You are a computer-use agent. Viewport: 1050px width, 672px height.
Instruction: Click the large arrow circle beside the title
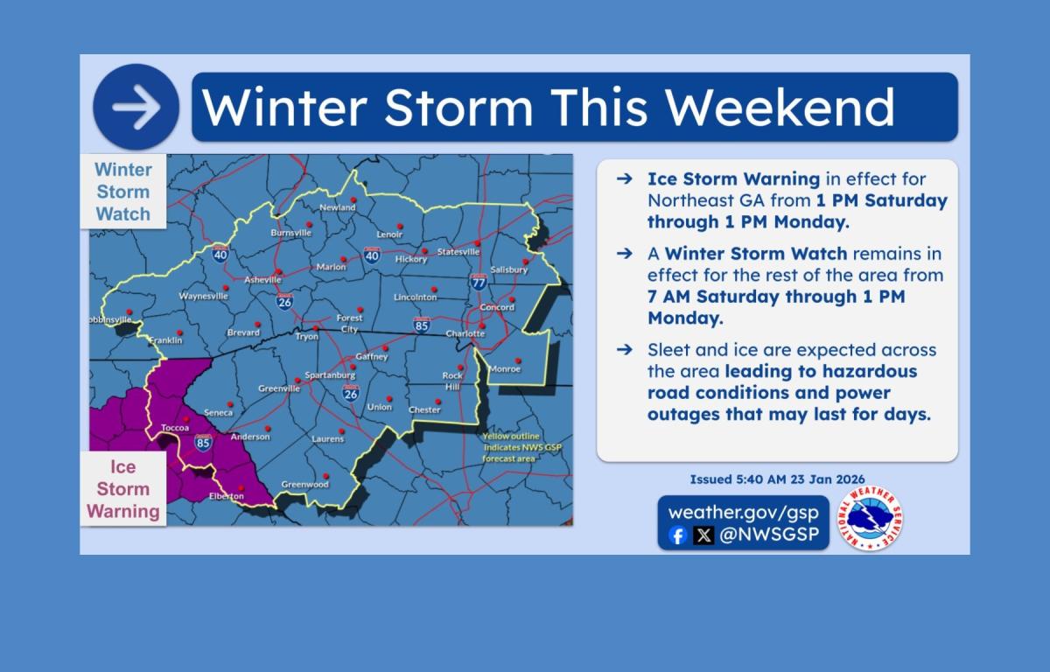136,107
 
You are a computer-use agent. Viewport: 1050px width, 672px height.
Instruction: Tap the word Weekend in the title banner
780,108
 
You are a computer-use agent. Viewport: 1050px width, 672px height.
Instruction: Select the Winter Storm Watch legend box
123,192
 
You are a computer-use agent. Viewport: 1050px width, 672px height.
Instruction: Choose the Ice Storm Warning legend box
123,489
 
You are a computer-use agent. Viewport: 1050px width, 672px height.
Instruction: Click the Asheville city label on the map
262,280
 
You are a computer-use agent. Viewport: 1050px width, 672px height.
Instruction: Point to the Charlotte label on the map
465,333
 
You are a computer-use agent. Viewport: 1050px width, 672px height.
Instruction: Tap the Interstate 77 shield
478,282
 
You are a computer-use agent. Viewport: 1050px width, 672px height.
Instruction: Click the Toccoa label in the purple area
175,427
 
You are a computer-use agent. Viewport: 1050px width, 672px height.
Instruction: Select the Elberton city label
227,496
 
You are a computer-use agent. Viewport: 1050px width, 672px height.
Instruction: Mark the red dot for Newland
353,199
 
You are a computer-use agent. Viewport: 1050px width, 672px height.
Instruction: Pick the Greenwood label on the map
304,484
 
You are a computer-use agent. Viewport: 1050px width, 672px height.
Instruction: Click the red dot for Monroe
518,360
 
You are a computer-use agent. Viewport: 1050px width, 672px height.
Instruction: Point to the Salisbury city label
509,269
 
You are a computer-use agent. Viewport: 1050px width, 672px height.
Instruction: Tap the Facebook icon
677,535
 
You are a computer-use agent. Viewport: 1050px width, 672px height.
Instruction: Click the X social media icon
703,535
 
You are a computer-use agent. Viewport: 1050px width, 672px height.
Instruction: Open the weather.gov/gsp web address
744,512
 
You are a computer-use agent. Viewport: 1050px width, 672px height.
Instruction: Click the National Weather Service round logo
870,518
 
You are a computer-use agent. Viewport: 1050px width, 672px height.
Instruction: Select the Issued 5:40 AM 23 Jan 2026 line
777,479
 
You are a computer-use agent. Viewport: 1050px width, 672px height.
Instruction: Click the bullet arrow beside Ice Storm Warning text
625,178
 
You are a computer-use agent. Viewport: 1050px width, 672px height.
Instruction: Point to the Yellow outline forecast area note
521,447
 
